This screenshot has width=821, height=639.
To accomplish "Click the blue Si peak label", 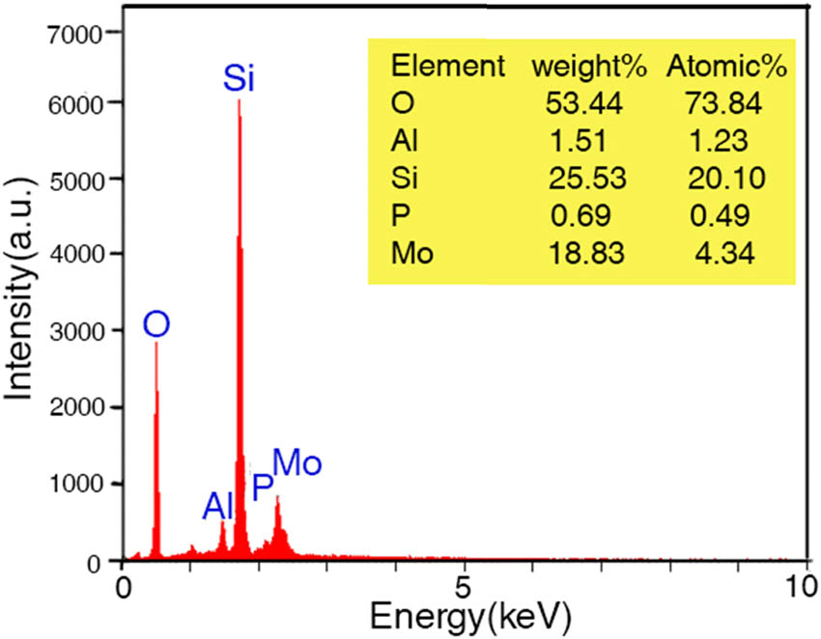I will (239, 77).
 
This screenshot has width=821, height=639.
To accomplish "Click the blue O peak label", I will (156, 324).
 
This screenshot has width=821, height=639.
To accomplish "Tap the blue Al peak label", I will (219, 505).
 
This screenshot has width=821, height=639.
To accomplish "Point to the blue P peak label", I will (262, 487).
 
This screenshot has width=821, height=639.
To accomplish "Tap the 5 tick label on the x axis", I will (466, 586).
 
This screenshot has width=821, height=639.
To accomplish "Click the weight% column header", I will (580, 67).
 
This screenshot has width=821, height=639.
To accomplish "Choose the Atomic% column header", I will (727, 67).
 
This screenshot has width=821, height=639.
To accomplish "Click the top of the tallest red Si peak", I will (239, 100).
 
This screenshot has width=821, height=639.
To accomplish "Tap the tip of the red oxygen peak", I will (156, 344).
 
